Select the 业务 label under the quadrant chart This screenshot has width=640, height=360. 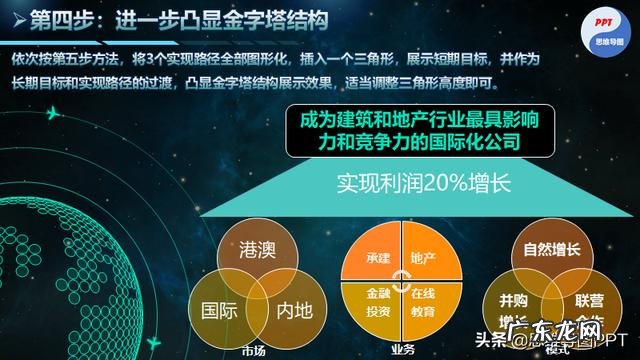pos(400,349)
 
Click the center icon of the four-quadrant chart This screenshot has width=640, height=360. pos(400,280)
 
